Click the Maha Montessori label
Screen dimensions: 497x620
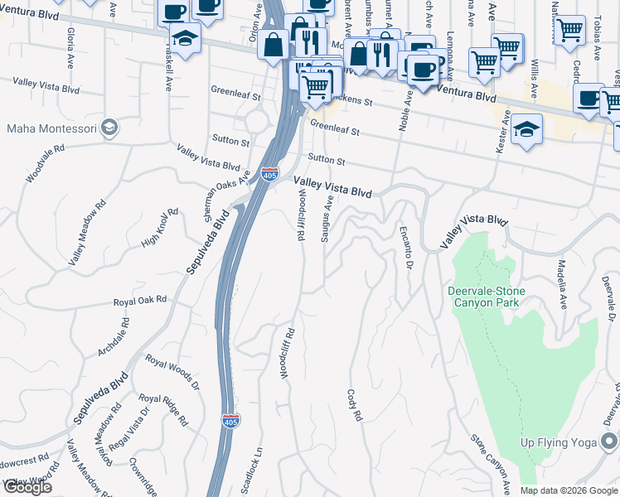[x=51, y=128]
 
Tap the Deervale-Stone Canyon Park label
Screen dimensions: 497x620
[x=484, y=297]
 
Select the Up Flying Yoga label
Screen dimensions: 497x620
[x=559, y=442]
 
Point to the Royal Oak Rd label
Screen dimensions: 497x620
[x=140, y=301]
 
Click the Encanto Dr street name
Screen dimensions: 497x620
[x=405, y=248]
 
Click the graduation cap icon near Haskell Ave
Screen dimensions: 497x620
[x=185, y=37]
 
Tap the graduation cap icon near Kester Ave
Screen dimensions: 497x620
[x=526, y=128]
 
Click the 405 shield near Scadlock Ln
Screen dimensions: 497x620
[x=231, y=421]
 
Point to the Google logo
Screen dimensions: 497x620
[x=28, y=487]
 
